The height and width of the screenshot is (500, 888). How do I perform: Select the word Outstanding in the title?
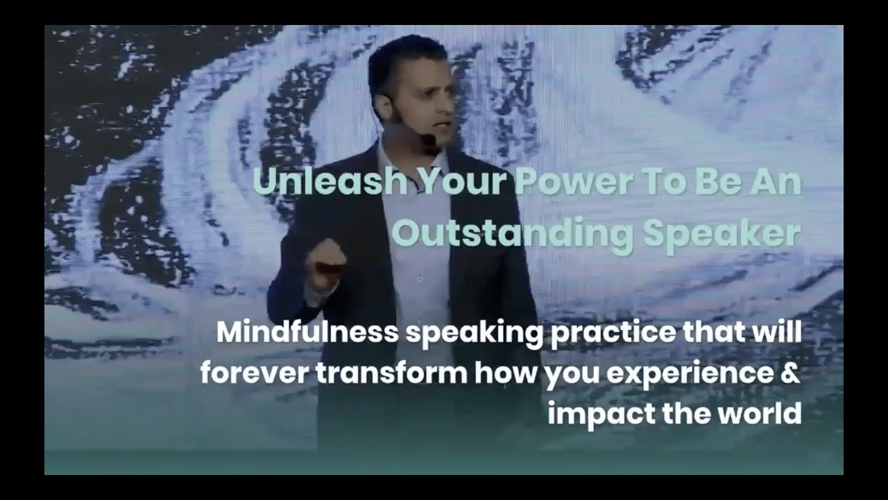click(513, 235)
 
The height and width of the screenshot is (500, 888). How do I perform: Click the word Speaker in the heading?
click(721, 235)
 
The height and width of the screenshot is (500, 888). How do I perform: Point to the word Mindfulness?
click(307, 332)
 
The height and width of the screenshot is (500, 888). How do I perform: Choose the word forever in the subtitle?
click(254, 374)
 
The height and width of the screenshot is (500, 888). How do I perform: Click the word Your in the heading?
click(461, 182)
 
